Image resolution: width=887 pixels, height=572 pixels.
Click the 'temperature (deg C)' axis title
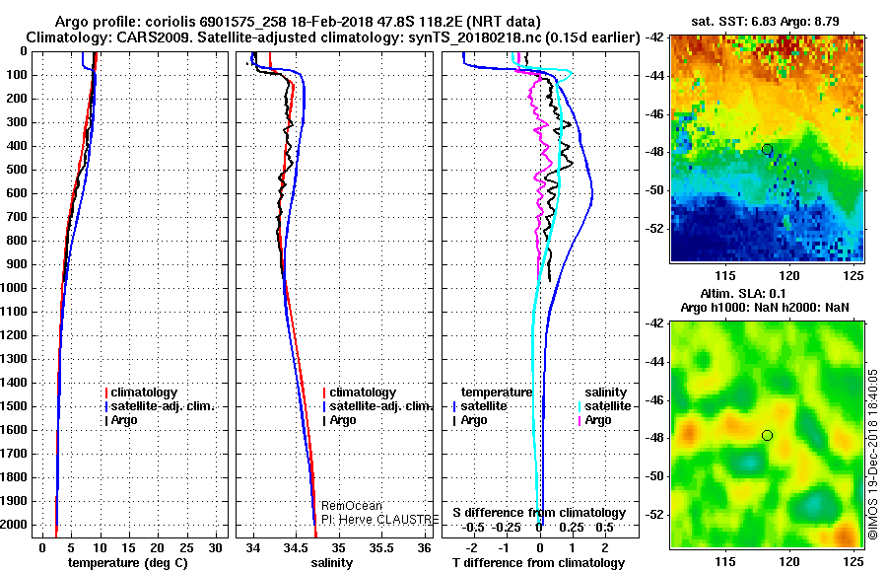[127, 562]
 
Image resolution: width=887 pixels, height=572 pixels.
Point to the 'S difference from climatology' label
[539, 513]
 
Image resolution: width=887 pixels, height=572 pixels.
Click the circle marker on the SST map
[767, 149]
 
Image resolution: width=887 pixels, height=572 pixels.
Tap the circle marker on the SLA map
[767, 435]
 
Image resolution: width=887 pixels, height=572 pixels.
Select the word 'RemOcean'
[344, 505]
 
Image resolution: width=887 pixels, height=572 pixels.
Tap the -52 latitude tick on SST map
[654, 228]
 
